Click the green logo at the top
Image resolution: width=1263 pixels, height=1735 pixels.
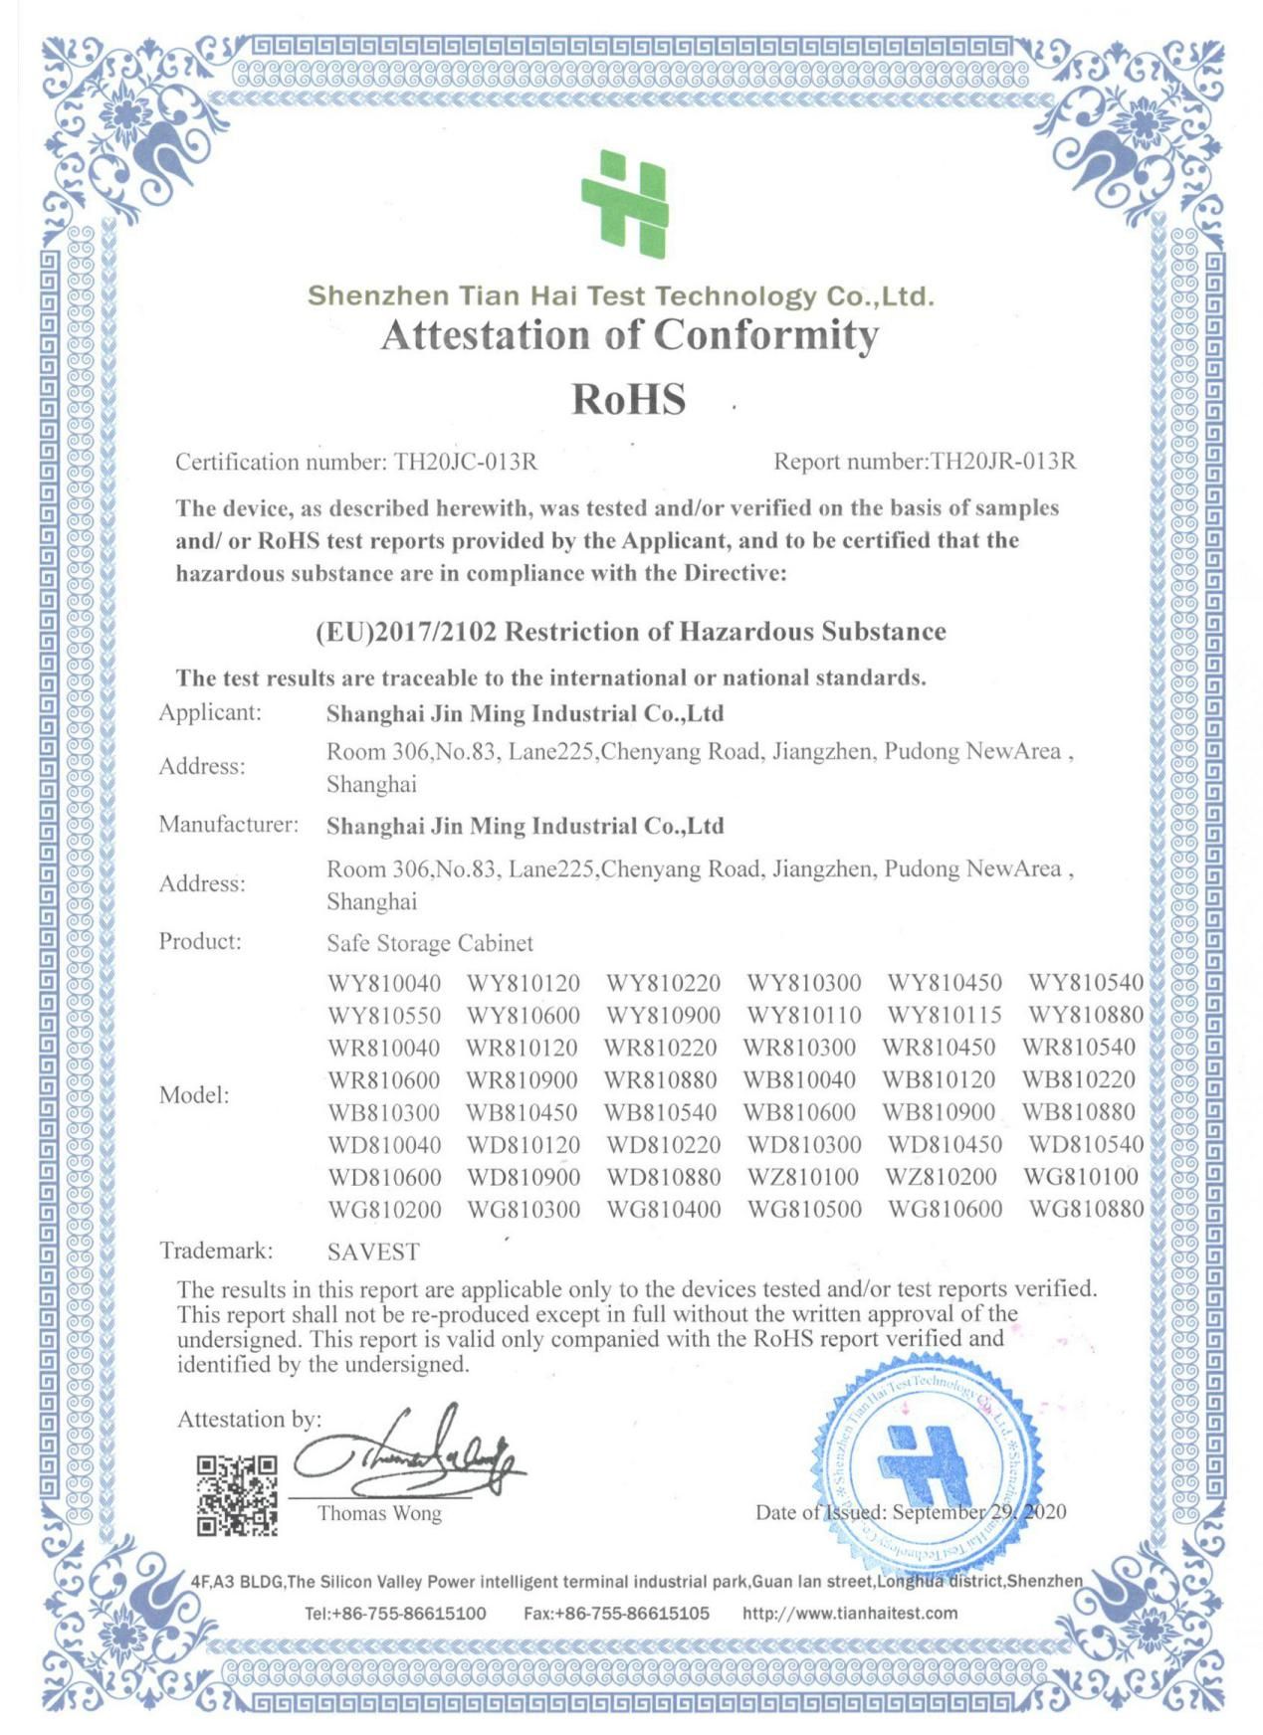click(x=625, y=204)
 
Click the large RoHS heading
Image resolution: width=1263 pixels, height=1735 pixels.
click(x=628, y=399)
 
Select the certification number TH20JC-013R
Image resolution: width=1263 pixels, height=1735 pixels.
click(x=466, y=462)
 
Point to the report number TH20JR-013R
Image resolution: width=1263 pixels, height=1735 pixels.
click(x=1002, y=462)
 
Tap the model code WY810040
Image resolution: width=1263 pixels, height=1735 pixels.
click(x=384, y=984)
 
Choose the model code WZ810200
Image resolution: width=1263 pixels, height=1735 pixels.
click(x=941, y=1177)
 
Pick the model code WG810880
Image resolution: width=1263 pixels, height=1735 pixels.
click(x=1086, y=1210)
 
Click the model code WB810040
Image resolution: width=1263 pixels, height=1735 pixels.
click(x=799, y=1079)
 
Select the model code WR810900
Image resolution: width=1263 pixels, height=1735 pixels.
click(x=522, y=1079)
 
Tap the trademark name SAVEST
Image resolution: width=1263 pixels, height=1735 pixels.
click(x=373, y=1252)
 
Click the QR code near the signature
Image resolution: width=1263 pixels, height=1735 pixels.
click(x=237, y=1495)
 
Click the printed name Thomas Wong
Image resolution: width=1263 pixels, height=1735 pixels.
click(x=379, y=1513)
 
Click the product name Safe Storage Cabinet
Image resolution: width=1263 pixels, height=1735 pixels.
click(x=430, y=943)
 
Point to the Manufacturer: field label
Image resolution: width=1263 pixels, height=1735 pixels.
click(x=229, y=825)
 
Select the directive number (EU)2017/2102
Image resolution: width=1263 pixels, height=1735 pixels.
click(x=405, y=632)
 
